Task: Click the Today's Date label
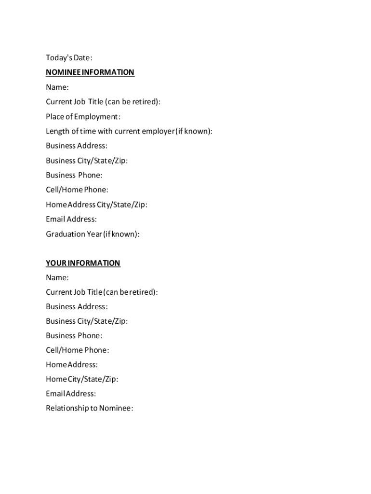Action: (x=69, y=58)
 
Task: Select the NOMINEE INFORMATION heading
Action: (x=90, y=72)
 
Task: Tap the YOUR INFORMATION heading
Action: (x=83, y=263)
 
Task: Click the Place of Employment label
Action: (x=83, y=117)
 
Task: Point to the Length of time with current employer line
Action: (x=129, y=131)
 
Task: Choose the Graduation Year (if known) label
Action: (x=93, y=234)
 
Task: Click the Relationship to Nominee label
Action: (x=89, y=408)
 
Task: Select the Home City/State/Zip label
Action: (x=82, y=379)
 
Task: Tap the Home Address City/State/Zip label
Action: (x=96, y=205)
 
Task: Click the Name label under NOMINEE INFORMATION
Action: (x=57, y=87)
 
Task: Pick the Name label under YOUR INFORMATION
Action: (x=57, y=277)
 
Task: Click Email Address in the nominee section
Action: (x=71, y=219)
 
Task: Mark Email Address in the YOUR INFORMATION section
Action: (x=71, y=394)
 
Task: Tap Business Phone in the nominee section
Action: (x=74, y=175)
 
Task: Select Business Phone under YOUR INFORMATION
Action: (x=74, y=335)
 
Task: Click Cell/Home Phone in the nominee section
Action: (x=77, y=190)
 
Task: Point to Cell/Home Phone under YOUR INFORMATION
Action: (x=78, y=350)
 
